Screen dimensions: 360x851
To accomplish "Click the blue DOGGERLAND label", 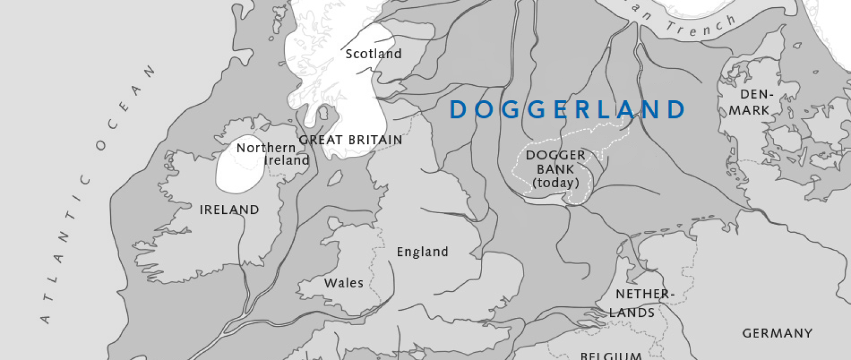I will point(568,110).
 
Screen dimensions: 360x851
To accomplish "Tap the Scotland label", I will point(373,54).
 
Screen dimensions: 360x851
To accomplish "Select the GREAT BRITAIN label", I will point(350,140).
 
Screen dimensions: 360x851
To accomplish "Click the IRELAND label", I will point(229,210).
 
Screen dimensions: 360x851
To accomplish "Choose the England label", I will point(422,252).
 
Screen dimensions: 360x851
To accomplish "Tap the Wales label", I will point(344,284).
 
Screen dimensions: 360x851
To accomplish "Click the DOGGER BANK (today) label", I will point(555,169).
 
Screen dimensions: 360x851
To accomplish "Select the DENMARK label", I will point(749,102).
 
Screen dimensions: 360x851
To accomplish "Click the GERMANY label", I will point(777,333).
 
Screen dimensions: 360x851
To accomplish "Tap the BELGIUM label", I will point(611,355).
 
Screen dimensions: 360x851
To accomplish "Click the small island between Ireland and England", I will point(334,178).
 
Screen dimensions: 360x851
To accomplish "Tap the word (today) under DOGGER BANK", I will point(555,183).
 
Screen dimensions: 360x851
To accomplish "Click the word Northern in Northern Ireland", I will point(258,148).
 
